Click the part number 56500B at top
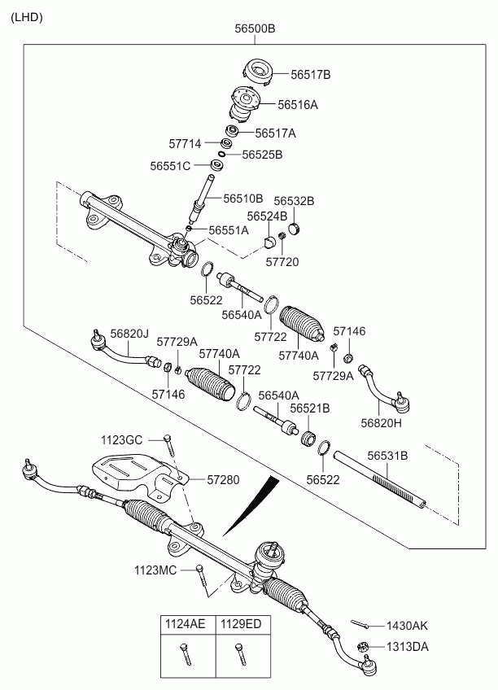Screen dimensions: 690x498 256,28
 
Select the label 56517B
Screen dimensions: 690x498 311,75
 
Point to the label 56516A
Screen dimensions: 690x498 298,105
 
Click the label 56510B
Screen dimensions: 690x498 243,198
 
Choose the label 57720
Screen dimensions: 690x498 282,262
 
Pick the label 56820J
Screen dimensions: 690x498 130,333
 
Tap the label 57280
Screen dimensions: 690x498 222,480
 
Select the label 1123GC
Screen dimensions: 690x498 122,439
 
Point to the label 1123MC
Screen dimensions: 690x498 155,570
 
